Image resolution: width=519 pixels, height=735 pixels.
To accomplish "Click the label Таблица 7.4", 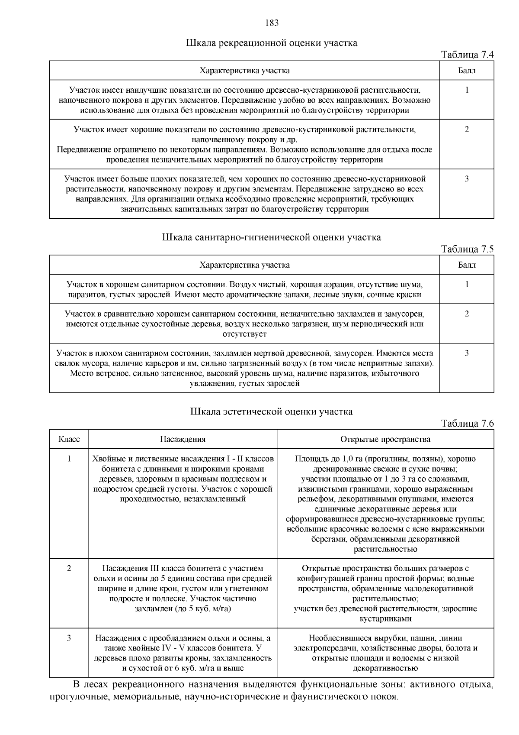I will click(467, 55).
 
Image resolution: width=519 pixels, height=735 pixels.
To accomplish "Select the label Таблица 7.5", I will click(467, 249).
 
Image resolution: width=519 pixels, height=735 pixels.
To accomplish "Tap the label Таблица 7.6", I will click(467, 423).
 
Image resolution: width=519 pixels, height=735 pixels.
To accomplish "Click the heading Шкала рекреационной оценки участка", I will click(272, 43).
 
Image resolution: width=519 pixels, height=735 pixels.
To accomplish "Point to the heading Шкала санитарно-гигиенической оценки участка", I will click(272, 237).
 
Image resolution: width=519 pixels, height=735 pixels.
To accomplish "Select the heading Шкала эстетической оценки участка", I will click(272, 411).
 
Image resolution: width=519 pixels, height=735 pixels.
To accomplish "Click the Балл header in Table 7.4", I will click(467, 71).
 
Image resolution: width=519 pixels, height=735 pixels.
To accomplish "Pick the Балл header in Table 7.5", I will click(467, 265).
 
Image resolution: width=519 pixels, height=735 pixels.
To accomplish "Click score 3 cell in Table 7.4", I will click(467, 179).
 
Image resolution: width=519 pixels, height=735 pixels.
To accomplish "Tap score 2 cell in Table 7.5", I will click(467, 314).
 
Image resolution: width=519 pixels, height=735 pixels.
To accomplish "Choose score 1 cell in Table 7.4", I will click(467, 90).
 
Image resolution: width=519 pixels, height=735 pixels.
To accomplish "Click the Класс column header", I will click(69, 439).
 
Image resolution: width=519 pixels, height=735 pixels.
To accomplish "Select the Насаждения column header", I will click(183, 439).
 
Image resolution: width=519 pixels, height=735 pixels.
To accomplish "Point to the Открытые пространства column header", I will click(385, 439).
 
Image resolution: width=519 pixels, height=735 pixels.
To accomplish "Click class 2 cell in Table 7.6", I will click(69, 568).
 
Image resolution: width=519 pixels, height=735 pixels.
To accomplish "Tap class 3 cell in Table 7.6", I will click(69, 638).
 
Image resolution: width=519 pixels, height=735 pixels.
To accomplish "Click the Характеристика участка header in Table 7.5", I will click(245, 265).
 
